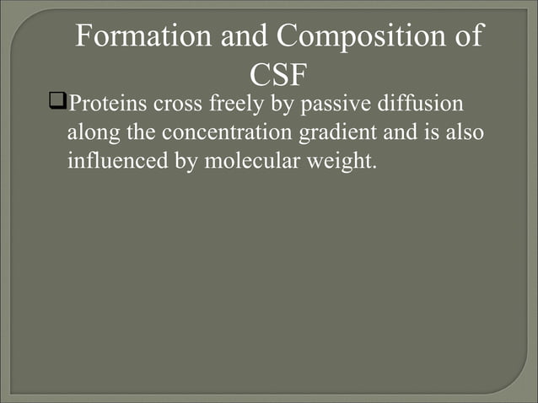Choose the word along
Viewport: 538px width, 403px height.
(x=93, y=132)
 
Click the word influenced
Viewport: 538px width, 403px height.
(x=118, y=159)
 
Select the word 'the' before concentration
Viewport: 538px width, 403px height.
(x=140, y=132)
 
